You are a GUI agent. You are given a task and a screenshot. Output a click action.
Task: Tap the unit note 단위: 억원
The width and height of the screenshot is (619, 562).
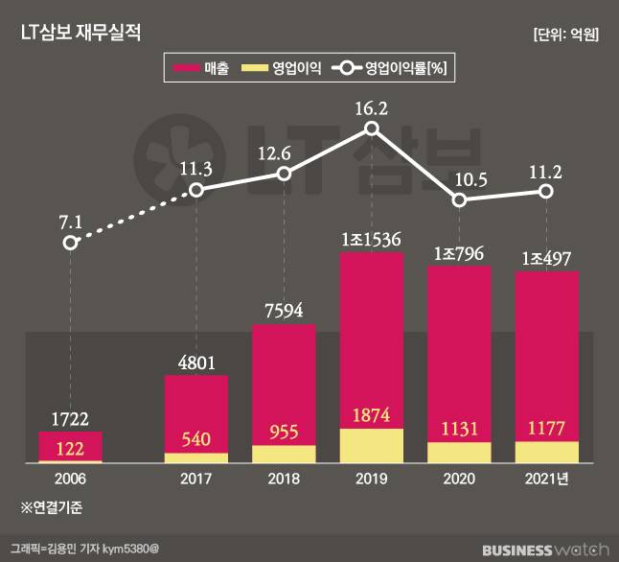click(565, 34)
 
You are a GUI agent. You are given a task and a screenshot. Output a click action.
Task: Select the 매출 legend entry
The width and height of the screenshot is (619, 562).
click(201, 68)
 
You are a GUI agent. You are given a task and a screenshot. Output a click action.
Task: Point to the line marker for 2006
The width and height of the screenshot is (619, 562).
click(70, 243)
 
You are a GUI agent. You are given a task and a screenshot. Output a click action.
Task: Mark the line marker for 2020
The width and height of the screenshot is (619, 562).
click(459, 199)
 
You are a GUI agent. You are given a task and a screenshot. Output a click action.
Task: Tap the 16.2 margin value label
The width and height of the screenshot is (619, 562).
click(371, 108)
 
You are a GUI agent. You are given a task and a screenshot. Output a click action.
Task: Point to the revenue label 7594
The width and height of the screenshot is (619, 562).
click(284, 310)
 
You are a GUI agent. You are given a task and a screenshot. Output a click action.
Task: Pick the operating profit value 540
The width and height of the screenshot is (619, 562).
click(196, 438)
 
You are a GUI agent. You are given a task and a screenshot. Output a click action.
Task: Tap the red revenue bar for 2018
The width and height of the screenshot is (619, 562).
click(284, 384)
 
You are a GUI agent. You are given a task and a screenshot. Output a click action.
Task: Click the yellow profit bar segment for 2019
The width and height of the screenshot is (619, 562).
click(371, 446)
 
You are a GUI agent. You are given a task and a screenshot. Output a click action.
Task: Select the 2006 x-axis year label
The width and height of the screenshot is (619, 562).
click(70, 479)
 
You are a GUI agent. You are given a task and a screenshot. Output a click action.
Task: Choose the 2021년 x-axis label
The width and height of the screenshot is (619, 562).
click(547, 479)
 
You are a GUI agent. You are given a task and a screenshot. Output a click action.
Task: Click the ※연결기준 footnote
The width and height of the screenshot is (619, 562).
click(53, 506)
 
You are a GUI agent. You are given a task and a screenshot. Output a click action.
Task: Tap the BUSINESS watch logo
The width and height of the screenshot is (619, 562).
click(544, 550)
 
